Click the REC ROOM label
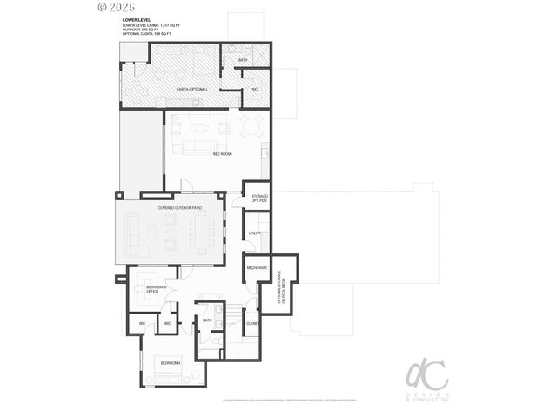coord(221,154)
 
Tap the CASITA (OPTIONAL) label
coord(191,89)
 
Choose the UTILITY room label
coord(255,233)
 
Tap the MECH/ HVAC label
coord(256,267)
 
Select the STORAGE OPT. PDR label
coord(259,199)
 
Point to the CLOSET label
coord(253,323)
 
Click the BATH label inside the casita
coord(243,60)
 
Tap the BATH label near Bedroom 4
coord(207,320)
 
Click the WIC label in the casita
coord(254,89)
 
